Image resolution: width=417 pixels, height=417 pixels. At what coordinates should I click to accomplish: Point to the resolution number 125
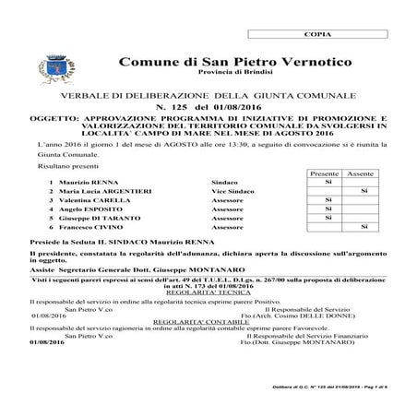click(x=173, y=108)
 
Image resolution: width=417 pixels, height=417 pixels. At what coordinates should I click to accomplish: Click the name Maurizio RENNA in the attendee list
click(x=89, y=183)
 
